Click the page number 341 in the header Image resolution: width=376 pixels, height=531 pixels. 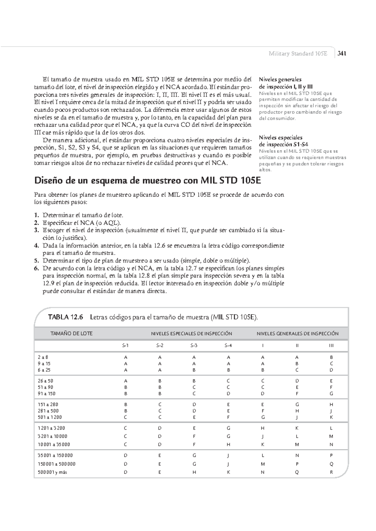342,53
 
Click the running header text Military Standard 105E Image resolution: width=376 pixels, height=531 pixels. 298,53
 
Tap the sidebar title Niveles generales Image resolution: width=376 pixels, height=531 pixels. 280,79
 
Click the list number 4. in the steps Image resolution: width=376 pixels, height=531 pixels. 36,245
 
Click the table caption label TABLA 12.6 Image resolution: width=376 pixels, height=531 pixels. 65,317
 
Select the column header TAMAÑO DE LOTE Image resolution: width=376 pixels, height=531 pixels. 71,333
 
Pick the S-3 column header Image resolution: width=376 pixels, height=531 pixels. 194,346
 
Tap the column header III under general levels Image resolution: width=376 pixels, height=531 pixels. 331,346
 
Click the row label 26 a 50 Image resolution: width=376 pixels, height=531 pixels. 45,381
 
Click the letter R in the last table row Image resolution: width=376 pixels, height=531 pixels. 331,472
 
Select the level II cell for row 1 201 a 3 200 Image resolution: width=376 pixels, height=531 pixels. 297,428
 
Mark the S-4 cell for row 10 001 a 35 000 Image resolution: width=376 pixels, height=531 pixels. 228,444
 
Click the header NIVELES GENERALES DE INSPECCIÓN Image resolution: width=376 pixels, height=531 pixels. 297,333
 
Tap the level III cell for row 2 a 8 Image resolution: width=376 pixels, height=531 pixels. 331,357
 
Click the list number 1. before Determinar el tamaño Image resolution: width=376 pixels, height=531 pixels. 36,215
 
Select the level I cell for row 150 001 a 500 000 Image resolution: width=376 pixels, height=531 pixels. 263,464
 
